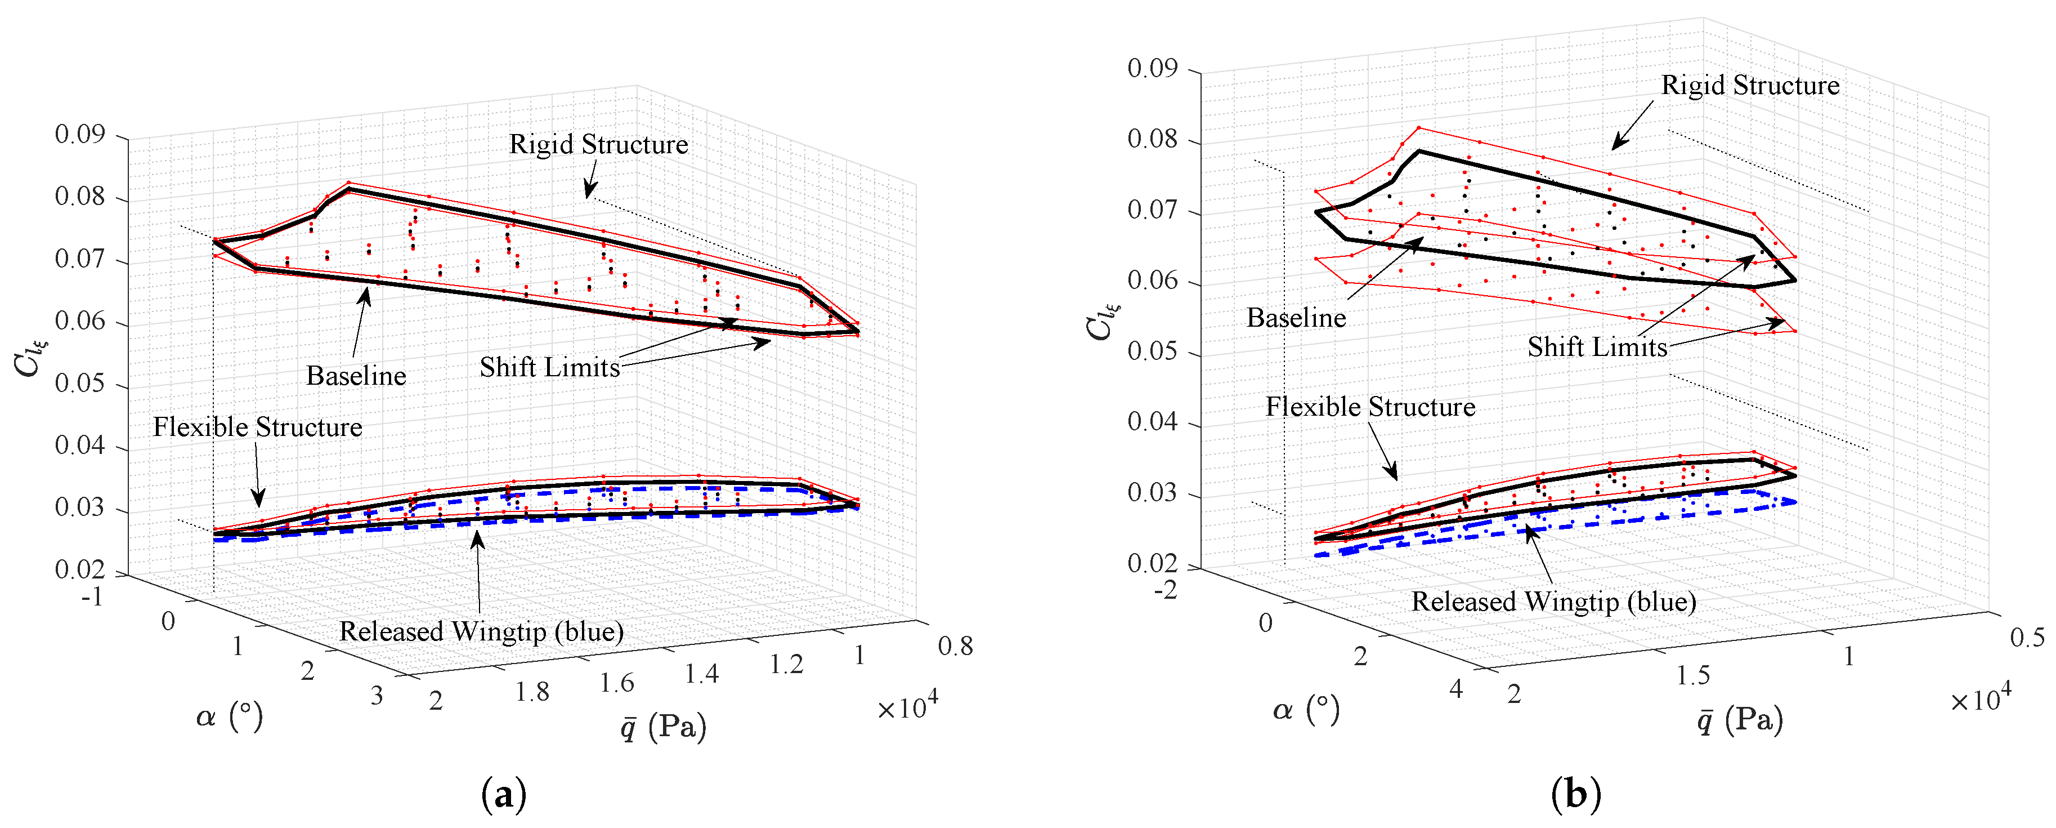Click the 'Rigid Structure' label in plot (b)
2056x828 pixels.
1749,86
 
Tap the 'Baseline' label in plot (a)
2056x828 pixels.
356,376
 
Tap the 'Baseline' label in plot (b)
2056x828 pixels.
1296,319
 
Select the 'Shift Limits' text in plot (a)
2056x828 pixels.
549,367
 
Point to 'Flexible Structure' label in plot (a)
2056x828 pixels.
257,427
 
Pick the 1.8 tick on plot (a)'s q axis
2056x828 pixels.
531,692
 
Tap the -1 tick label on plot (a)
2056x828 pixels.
92,596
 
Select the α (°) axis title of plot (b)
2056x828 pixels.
1306,709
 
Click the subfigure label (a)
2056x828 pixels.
504,795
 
